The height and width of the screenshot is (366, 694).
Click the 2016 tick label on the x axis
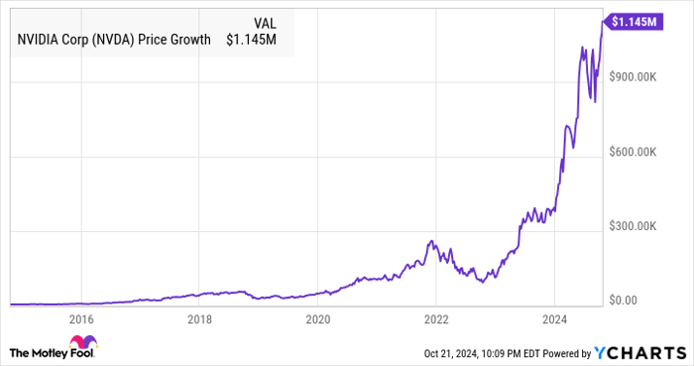tap(81, 320)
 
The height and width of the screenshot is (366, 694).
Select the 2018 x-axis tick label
tap(199, 320)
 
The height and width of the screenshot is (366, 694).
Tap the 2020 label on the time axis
tap(317, 320)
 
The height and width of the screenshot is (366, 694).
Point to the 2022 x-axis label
tap(436, 320)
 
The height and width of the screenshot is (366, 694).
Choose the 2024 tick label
tap(554, 320)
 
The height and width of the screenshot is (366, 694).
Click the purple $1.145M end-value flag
tap(634, 21)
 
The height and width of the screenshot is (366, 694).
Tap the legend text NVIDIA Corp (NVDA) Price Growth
tap(113, 41)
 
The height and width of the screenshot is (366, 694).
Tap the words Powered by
tap(562, 352)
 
